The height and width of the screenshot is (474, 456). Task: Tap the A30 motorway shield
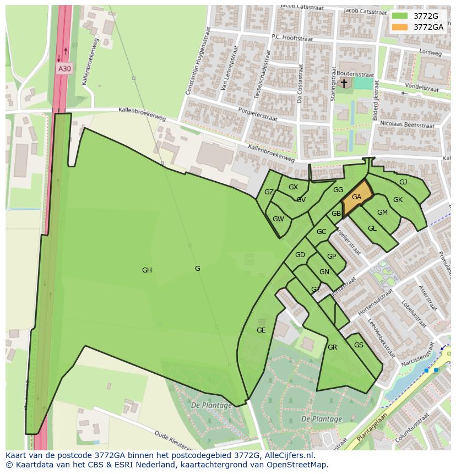64,69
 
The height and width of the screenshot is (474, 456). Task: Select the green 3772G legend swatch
400,16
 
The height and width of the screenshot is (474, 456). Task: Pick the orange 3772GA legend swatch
400,27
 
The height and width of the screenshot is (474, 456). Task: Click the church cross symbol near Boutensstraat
344,83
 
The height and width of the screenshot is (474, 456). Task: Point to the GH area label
147,270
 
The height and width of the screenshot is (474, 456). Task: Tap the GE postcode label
261,330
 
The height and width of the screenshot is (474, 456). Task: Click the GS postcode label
359,345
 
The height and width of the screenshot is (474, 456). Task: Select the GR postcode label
332,347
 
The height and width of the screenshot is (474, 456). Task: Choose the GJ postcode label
403,182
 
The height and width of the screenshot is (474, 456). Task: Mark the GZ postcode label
269,192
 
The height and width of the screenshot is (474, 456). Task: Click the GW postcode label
278,219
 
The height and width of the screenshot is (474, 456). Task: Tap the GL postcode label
372,228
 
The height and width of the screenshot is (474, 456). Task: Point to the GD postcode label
300,255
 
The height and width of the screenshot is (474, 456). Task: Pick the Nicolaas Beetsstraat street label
408,126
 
